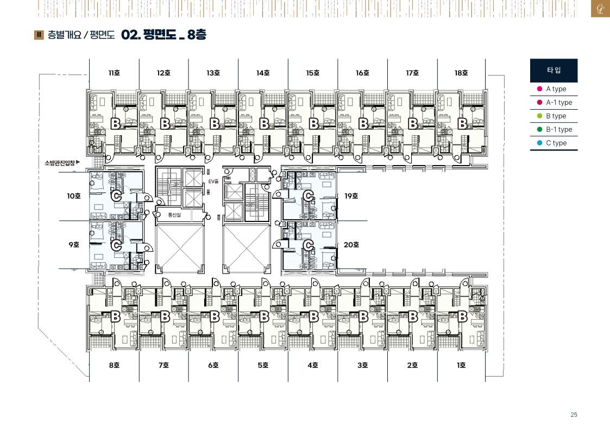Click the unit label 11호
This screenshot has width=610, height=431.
[114, 73]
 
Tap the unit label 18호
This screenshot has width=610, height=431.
[461, 73]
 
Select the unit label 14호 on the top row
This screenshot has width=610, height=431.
[263, 73]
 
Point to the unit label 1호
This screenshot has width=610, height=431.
[461, 365]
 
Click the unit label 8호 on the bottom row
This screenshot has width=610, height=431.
[114, 365]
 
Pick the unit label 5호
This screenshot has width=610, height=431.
[263, 365]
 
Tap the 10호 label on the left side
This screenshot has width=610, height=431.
[73, 197]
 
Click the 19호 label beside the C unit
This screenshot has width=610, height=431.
[351, 197]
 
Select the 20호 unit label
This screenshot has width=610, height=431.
[351, 245]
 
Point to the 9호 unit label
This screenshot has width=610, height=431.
[74, 245]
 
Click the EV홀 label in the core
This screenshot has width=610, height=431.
[213, 181]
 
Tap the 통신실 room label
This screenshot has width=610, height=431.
[174, 215]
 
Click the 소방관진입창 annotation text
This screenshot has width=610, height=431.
[60, 163]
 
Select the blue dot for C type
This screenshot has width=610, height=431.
[539, 143]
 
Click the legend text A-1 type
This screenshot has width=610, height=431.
[559, 103]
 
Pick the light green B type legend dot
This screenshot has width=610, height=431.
[539, 116]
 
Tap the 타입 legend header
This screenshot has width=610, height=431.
[554, 71]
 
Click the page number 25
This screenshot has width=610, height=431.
[574, 415]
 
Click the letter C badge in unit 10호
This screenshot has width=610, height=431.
[116, 197]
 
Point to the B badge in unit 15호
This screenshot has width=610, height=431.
[313, 124]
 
